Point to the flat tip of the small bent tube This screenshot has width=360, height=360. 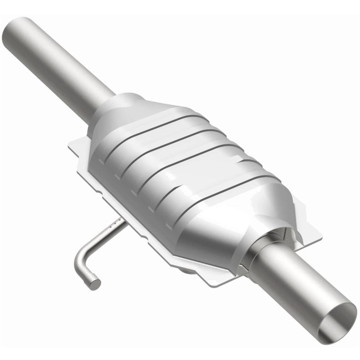point(94,283)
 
